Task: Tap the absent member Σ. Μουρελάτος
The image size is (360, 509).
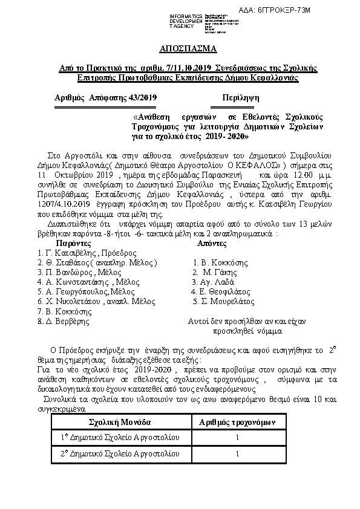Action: pos(224,301)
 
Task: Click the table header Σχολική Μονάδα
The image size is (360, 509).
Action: pos(120,421)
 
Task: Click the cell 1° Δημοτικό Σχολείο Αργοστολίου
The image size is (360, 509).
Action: pos(120,437)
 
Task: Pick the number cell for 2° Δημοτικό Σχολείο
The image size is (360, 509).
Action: pos(237,453)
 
